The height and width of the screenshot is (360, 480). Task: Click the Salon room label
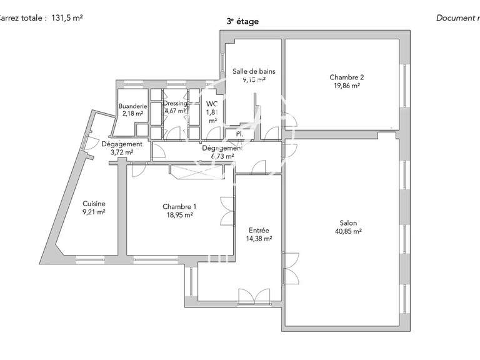click(x=348, y=223)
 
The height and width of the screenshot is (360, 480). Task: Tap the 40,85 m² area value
click(x=348, y=231)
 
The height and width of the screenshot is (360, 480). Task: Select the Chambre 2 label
click(x=346, y=77)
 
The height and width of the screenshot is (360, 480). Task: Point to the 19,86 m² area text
click(x=346, y=86)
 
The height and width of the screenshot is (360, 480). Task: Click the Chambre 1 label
click(x=179, y=207)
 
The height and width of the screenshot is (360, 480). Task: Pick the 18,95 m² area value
click(x=179, y=215)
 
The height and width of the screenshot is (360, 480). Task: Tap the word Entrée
click(x=258, y=230)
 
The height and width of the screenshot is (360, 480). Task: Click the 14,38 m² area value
click(x=258, y=238)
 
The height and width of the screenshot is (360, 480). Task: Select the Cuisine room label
click(x=94, y=204)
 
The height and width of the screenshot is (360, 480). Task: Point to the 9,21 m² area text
click(x=94, y=212)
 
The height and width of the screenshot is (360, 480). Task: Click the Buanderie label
click(x=132, y=106)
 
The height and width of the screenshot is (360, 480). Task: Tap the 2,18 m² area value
click(x=132, y=114)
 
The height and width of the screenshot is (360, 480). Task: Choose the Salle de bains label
click(x=254, y=71)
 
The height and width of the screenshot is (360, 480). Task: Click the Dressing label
click(x=175, y=104)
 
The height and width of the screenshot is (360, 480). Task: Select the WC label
click(x=211, y=104)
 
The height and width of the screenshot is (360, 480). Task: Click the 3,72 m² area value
click(x=121, y=152)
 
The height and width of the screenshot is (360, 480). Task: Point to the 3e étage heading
click(x=242, y=21)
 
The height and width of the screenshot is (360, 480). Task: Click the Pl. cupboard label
click(x=239, y=134)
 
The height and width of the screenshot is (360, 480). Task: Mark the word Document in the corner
click(x=455, y=17)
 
